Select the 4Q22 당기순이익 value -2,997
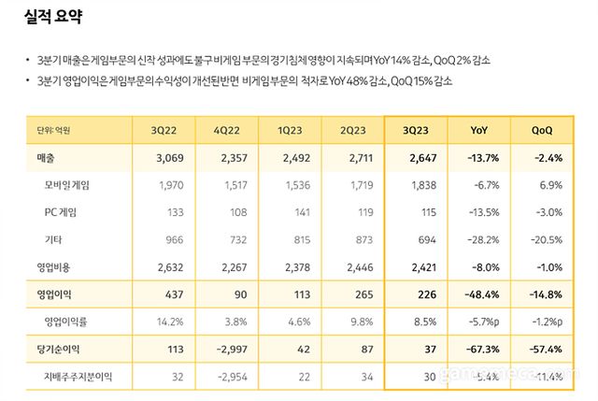click(230, 350)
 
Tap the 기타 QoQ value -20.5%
click(545, 240)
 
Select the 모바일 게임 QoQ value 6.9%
click(550, 185)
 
